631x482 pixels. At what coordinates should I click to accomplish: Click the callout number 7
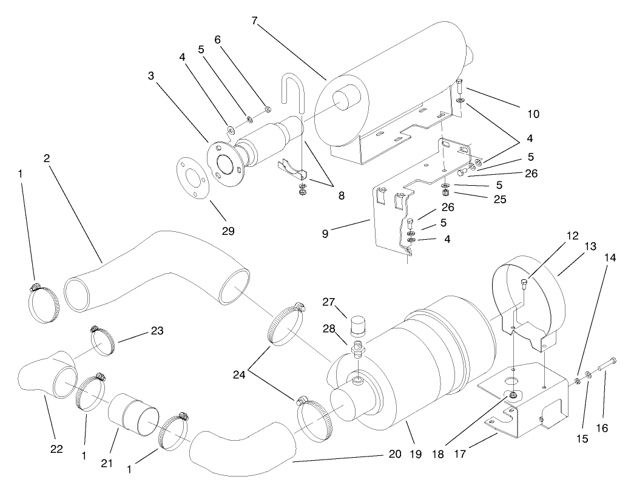(255, 21)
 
